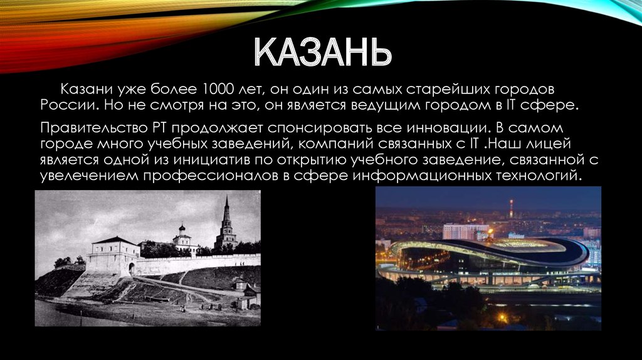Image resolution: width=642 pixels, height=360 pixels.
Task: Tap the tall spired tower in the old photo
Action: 226,225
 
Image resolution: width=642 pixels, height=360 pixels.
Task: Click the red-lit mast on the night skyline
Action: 511,209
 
